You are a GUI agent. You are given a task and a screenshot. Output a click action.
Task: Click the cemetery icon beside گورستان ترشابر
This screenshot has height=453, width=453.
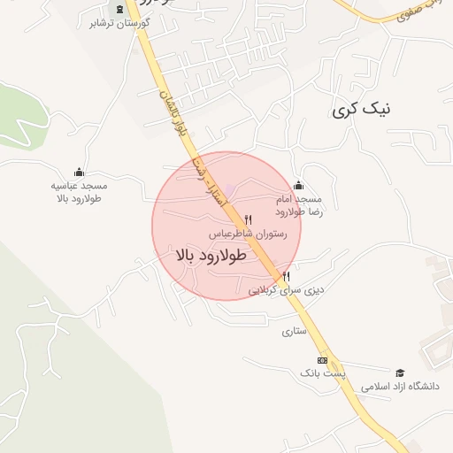[120, 9]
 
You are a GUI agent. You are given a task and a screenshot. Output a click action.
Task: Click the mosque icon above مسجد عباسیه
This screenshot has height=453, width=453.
[79, 173]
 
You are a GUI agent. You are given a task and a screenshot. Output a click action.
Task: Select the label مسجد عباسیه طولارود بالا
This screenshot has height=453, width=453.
[79, 193]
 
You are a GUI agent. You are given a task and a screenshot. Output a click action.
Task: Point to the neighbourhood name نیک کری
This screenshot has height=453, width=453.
[360, 110]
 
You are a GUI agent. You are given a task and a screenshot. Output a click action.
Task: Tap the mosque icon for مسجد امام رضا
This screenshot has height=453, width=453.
[297, 185]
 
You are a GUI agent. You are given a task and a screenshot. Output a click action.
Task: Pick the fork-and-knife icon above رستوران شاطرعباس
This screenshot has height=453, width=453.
[248, 219]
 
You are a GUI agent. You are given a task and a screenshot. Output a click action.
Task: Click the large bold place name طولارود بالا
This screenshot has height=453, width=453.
[217, 255]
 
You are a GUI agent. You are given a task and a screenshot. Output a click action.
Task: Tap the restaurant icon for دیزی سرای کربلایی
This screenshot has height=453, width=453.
[285, 275]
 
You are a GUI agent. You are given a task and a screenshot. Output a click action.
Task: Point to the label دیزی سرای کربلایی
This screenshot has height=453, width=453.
[286, 289]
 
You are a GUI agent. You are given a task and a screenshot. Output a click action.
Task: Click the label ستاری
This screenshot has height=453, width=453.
[293, 332]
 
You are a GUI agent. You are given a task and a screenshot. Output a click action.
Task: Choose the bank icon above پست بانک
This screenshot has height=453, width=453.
[322, 360]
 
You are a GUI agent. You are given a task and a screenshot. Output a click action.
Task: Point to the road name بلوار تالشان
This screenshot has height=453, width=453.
[173, 111]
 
